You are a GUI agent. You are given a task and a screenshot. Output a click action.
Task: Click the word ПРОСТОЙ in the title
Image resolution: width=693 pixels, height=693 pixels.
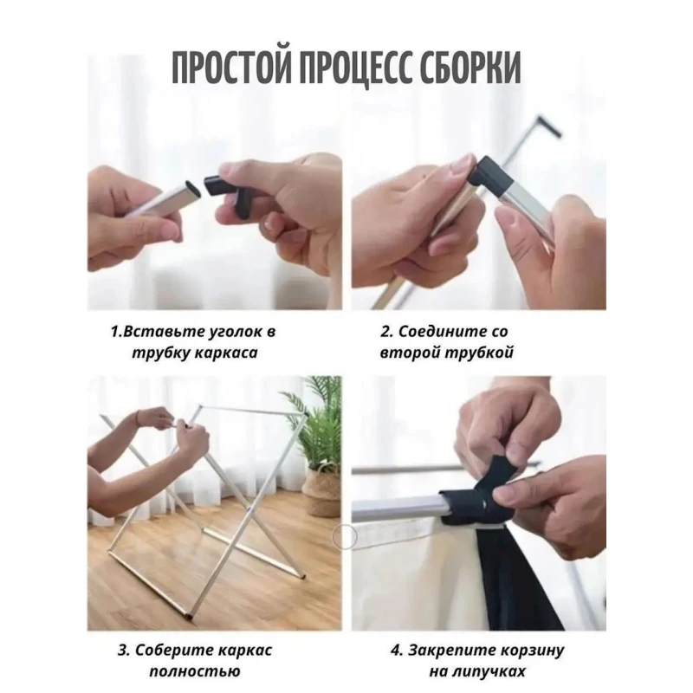pyautogui.click(x=231, y=68)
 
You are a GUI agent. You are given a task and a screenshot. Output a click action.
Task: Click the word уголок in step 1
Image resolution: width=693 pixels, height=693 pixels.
pyautogui.click(x=231, y=332)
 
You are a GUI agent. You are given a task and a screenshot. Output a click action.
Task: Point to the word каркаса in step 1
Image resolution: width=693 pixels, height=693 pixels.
pyautogui.click(x=226, y=353)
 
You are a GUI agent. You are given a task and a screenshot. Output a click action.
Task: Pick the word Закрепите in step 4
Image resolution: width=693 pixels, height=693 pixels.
pyautogui.click(x=450, y=651)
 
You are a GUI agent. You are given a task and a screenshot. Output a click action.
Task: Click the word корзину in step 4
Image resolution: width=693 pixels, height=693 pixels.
pyautogui.click(x=532, y=651)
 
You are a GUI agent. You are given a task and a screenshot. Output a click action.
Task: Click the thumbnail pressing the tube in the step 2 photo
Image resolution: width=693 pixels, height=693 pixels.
pyautogui.click(x=505, y=217)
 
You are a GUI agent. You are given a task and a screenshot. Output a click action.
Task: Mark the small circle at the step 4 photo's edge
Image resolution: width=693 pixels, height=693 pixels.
pyautogui.click(x=345, y=536)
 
